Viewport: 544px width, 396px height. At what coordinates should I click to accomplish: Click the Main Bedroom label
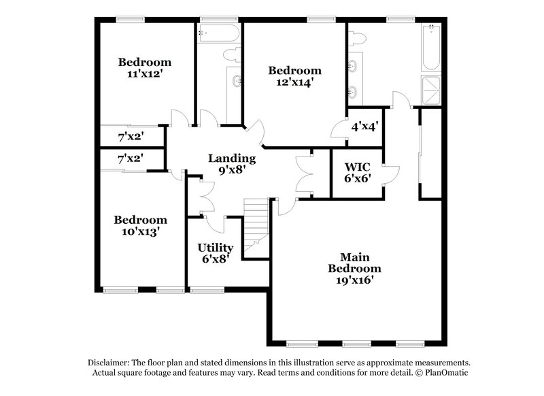pos(354,262)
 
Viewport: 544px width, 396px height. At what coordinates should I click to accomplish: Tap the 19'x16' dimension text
pos(354,279)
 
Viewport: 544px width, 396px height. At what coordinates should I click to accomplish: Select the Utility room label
pos(216,247)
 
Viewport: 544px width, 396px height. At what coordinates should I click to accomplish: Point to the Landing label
pos(232,159)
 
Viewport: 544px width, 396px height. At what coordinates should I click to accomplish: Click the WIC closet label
pos(356,166)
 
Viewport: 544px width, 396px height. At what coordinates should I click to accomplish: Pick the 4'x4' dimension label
pos(364,126)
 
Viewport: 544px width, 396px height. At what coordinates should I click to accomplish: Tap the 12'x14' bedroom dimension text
pos(294,83)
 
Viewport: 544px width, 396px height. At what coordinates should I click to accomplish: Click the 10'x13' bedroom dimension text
pos(140,232)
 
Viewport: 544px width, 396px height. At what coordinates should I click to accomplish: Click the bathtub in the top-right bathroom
pos(431,48)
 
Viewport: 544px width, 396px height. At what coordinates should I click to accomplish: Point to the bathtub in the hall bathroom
pos(218,32)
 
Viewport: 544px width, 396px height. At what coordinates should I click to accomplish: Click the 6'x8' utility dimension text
pos(216,259)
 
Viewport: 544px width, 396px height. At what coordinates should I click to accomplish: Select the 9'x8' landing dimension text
pos(232,171)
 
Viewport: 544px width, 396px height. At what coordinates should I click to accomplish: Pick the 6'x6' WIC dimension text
pos(356,178)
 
